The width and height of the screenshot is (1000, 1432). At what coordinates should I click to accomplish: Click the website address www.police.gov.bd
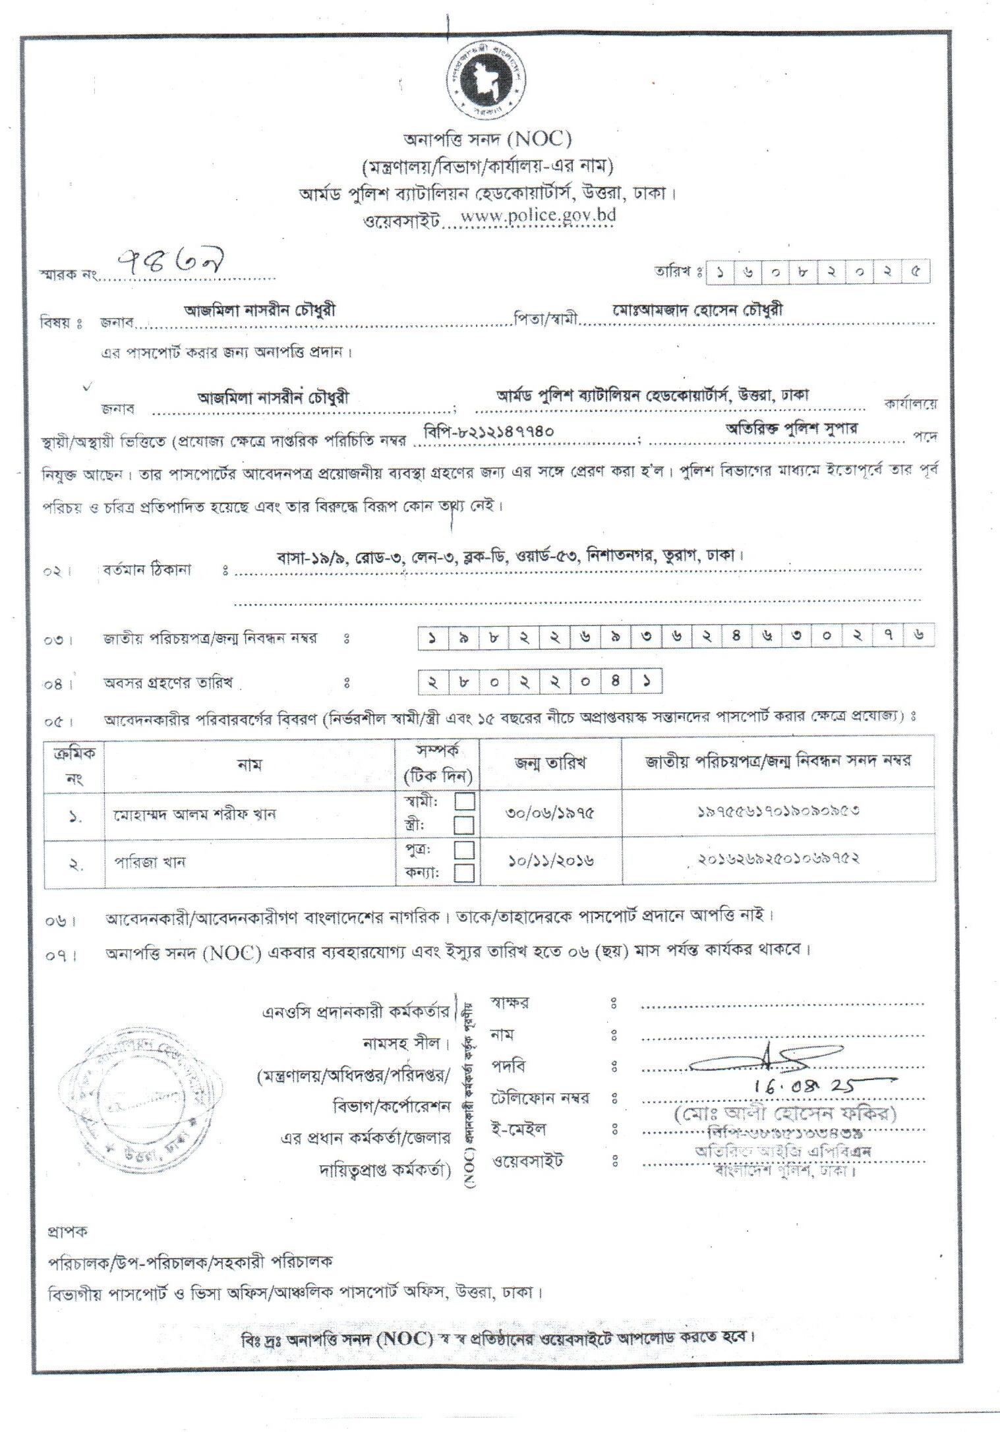[x=537, y=216]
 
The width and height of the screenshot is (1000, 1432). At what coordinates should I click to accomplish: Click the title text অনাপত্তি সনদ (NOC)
[x=487, y=140]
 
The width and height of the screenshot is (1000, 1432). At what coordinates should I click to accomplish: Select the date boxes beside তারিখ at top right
[x=817, y=272]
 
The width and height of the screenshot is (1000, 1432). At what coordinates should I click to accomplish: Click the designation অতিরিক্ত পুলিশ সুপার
[x=792, y=428]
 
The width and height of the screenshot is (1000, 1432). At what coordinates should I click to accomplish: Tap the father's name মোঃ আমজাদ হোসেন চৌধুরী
[x=697, y=310]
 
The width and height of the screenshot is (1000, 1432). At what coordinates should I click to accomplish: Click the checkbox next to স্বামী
[x=465, y=801]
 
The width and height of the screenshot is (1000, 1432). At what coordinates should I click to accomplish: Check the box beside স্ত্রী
[x=465, y=824]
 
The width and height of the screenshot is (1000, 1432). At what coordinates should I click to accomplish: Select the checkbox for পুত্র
[x=465, y=849]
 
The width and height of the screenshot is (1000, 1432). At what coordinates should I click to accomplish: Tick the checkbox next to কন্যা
[x=465, y=873]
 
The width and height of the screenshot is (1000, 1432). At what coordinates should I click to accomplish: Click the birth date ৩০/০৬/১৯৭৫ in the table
[x=550, y=813]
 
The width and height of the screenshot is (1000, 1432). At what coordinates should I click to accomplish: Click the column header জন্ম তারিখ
[x=550, y=763]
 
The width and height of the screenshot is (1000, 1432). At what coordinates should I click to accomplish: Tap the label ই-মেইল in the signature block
[x=519, y=1129]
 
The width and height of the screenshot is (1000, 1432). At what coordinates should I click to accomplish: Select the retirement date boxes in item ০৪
[x=540, y=683]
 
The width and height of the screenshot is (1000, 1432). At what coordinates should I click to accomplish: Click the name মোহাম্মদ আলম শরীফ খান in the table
[x=193, y=814]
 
